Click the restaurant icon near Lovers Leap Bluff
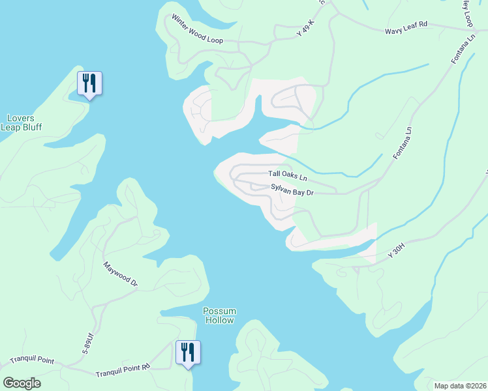coord(89,83)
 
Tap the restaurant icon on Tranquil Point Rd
coord(188,353)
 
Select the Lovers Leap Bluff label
coord(21,123)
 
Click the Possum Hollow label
coord(219,315)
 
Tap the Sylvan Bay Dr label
coord(293,192)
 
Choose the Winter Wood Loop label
coord(197,31)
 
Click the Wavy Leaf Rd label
coord(406,25)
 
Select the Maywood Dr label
coord(121,274)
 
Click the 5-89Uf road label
coord(87,343)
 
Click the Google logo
coord(22,383)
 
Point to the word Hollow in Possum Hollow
coord(219,320)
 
